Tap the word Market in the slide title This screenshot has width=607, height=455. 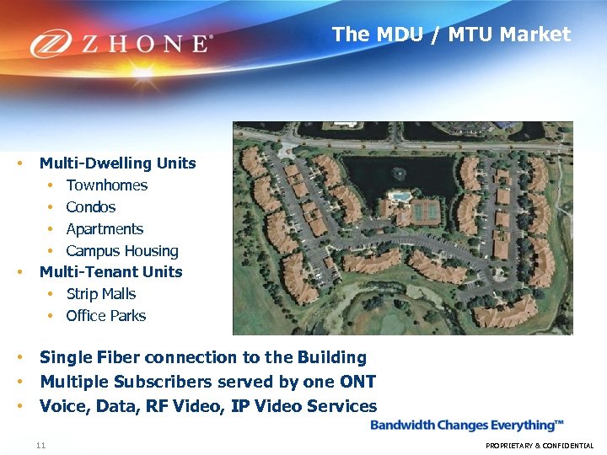tap(534, 35)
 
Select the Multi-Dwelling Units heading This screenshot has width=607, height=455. tap(117, 163)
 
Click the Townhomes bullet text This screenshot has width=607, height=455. tap(106, 185)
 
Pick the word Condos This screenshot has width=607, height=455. tap(90, 207)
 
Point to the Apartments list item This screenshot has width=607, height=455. tap(105, 229)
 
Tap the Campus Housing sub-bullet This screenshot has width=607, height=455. tap(122, 251)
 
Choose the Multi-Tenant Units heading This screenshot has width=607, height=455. tap(110, 271)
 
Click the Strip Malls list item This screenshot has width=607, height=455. tap(100, 294)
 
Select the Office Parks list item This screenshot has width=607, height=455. tap(105, 316)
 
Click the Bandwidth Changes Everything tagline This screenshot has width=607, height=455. tap(467, 426)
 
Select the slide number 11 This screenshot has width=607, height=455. tap(40, 445)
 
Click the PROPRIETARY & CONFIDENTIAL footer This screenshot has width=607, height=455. tap(540, 446)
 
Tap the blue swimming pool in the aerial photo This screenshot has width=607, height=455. tap(400, 196)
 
